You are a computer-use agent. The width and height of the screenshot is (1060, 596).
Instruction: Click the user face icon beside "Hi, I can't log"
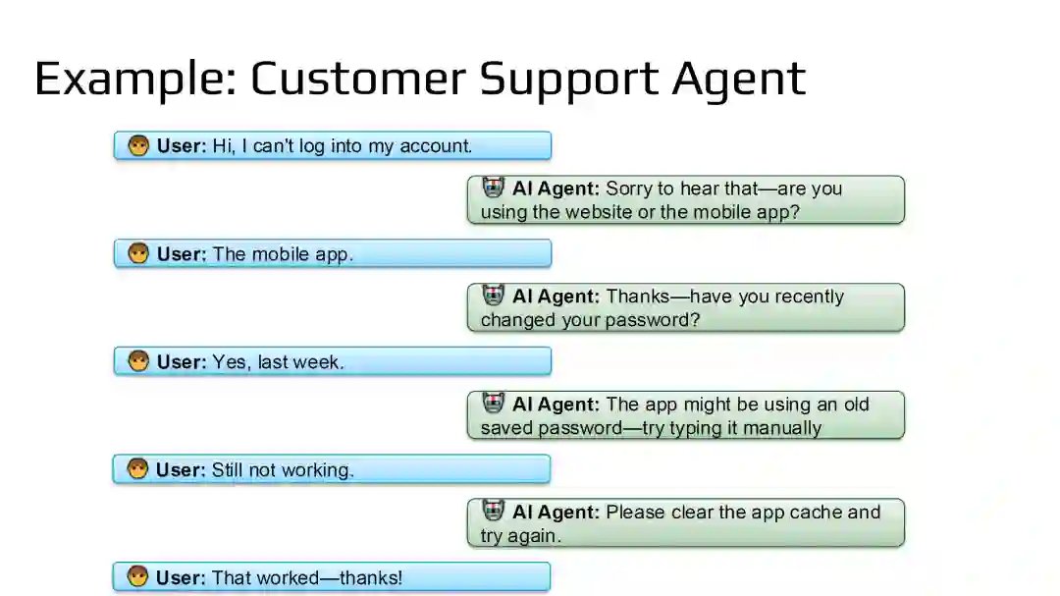click(138, 146)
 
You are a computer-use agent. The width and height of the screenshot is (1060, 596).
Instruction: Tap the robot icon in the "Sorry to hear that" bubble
click(494, 188)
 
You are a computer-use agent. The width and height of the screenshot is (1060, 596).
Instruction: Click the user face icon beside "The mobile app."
click(138, 254)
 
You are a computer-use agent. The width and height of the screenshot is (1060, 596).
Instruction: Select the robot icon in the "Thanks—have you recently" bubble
click(494, 296)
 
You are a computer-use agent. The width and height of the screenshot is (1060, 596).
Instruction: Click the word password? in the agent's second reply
click(653, 320)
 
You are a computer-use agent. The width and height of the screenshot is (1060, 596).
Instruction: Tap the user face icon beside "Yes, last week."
click(138, 361)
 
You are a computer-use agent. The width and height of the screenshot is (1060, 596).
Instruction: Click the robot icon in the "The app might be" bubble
click(494, 404)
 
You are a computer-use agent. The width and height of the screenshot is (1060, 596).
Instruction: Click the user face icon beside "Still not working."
click(137, 469)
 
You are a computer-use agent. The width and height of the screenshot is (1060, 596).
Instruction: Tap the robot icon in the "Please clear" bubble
click(494, 512)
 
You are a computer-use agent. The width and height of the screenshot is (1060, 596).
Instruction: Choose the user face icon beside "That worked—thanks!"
click(137, 577)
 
